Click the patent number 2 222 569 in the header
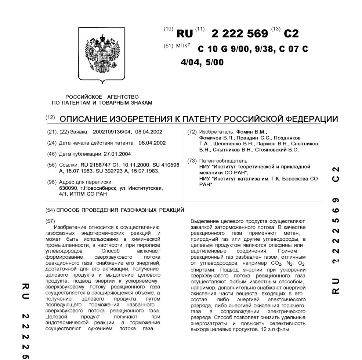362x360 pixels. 240,34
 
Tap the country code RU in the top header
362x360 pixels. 184,34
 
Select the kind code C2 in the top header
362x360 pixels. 291,34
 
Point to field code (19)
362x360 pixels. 169,29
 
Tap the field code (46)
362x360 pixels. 52,154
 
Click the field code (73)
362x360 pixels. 192,161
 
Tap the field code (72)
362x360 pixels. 192,131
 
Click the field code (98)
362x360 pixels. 52,182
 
